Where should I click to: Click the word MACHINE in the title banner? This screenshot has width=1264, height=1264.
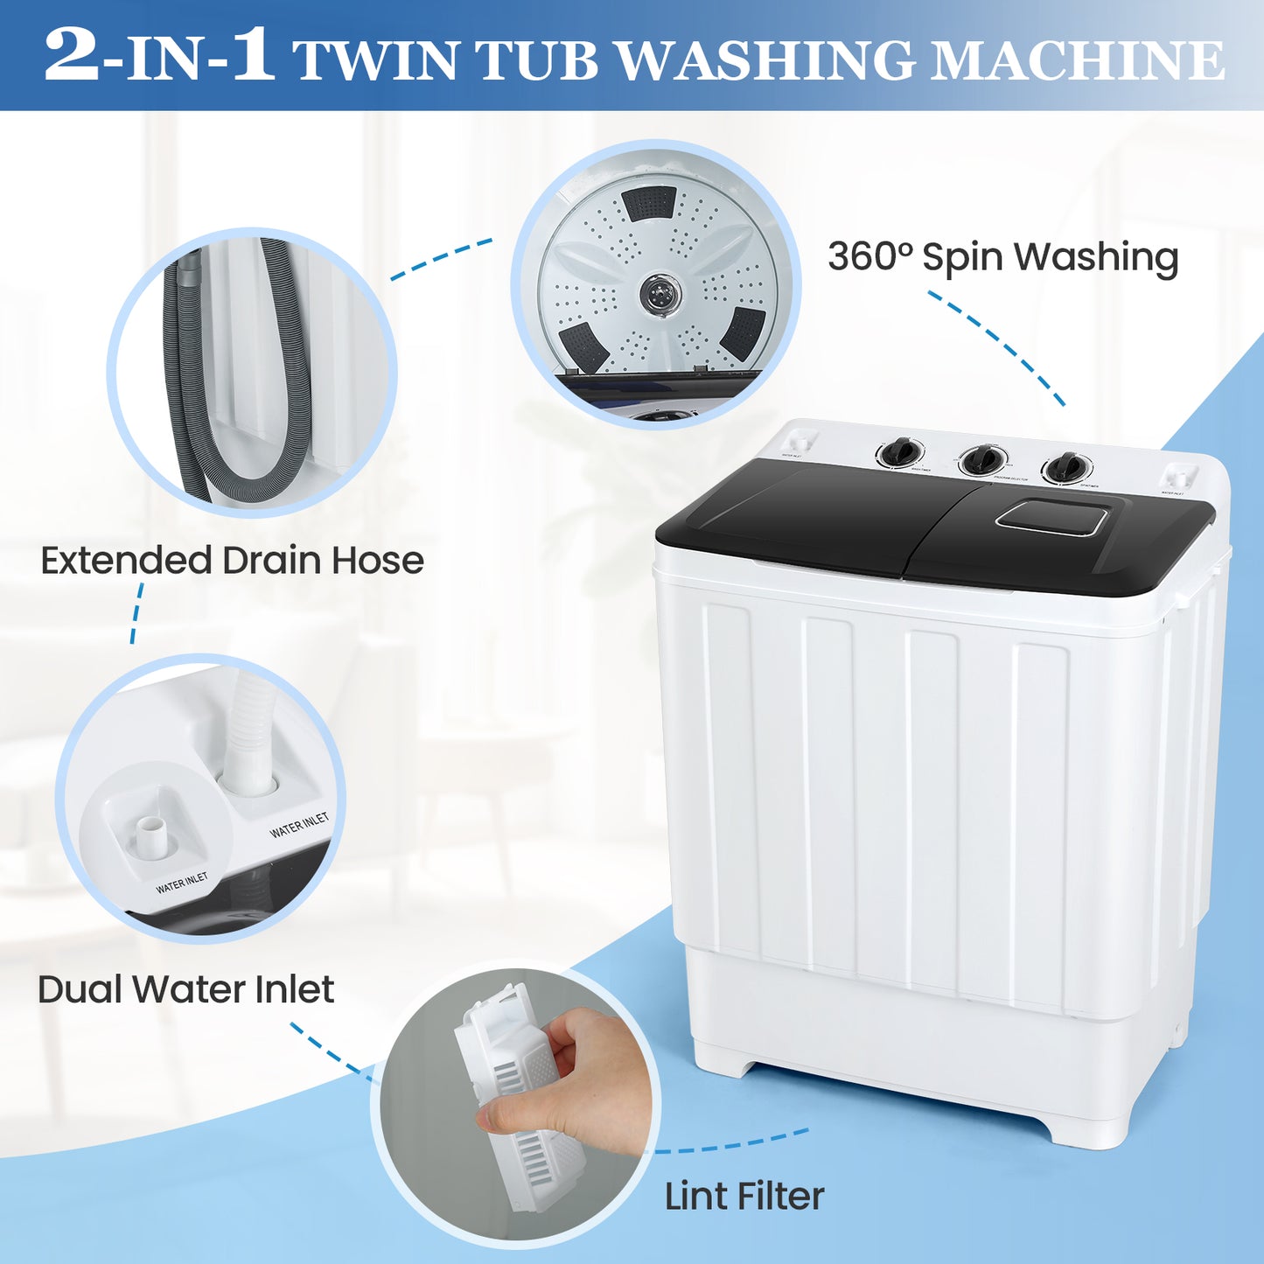point(1077,59)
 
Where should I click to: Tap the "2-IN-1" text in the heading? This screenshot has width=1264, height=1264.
point(158,56)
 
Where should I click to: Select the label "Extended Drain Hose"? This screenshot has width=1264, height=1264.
point(232,561)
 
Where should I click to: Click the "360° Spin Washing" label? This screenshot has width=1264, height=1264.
point(1002,257)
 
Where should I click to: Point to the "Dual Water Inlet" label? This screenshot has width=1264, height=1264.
point(185,989)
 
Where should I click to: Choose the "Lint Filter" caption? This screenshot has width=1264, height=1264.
point(744,1196)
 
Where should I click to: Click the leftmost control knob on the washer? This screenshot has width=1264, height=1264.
point(900,453)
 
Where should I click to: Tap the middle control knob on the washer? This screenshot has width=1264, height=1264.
point(982,460)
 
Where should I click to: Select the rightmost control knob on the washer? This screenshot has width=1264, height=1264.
point(1065,467)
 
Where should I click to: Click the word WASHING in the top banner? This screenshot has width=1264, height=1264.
point(766,61)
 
